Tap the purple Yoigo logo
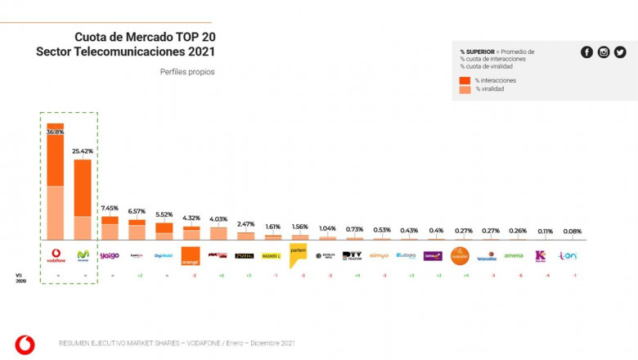pos(110,255)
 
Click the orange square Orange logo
pos(190,255)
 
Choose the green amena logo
pos(513,255)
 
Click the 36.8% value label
pos(55,132)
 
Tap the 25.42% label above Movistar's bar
pos(83,151)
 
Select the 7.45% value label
pos(110,208)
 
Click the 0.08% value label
pos(573,232)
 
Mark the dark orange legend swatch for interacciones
pos(465,80)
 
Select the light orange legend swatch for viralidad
pos(465,89)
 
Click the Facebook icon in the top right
pos(586,52)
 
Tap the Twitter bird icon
pos(620,52)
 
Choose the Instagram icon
pos(604,52)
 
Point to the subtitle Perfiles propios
pos(187,71)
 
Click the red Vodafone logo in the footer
pos(25,344)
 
